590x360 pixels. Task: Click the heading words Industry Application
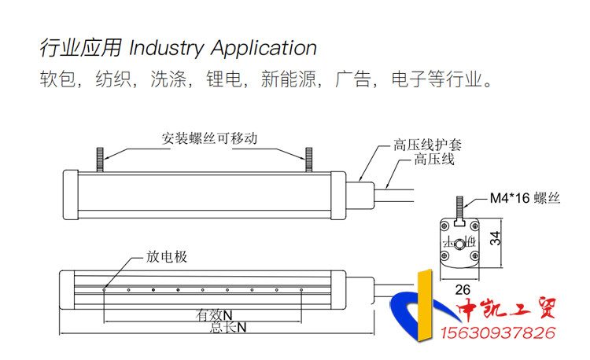tap(223, 49)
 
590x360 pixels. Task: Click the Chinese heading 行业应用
tap(80, 49)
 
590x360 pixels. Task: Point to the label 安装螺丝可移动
tap(209, 138)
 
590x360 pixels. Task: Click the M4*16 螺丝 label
tap(525, 199)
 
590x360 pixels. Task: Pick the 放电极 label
tap(167, 256)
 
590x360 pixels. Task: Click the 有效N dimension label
tap(214, 314)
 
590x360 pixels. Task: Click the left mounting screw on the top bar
tap(101, 158)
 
